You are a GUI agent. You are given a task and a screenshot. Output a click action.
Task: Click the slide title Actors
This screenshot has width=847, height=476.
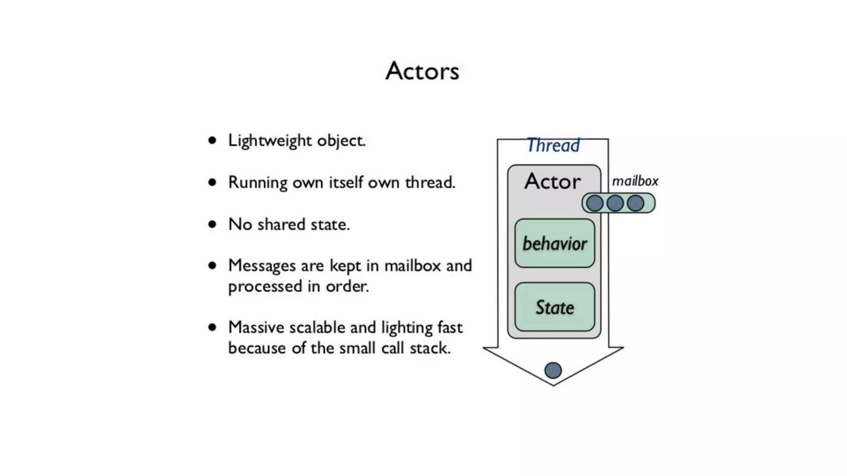(x=422, y=71)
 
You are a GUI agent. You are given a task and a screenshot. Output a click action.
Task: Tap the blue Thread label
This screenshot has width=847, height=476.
(x=553, y=145)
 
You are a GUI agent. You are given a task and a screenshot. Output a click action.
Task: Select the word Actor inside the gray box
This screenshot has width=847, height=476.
(x=553, y=181)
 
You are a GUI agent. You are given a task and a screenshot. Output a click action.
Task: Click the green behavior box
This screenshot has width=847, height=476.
(x=555, y=243)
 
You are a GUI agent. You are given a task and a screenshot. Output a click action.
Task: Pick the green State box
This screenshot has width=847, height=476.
(x=555, y=307)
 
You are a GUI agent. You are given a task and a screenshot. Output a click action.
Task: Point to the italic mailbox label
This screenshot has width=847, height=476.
(x=635, y=181)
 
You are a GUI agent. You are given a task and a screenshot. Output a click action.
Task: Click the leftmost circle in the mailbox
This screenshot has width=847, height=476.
(x=595, y=203)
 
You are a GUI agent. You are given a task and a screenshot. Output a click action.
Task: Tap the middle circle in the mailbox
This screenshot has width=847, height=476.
(x=615, y=203)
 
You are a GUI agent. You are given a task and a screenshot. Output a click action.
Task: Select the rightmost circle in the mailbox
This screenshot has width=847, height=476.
(x=635, y=203)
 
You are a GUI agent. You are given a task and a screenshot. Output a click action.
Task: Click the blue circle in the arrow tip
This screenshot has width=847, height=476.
(x=553, y=370)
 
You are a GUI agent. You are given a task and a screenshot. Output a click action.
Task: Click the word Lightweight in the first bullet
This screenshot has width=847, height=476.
(x=270, y=141)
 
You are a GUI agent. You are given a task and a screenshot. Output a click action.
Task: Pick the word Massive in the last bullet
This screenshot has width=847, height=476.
(x=256, y=327)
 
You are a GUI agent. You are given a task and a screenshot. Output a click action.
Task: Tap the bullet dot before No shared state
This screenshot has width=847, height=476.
(x=212, y=224)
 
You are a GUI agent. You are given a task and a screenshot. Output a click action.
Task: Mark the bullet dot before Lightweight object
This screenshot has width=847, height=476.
(x=212, y=141)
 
